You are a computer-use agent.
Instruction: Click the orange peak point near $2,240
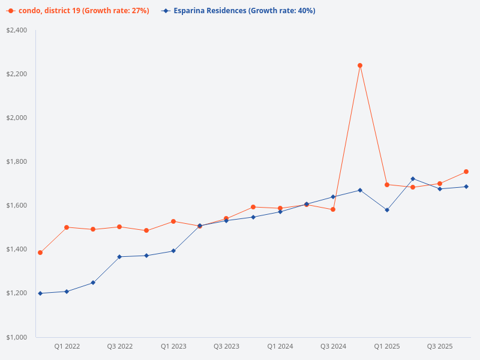tap(360, 65)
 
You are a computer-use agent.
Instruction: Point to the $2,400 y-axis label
tap(16, 30)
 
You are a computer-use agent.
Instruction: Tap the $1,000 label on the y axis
tap(16, 337)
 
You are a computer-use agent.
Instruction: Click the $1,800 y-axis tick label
tap(16, 161)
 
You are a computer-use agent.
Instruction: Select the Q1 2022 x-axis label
tap(67, 346)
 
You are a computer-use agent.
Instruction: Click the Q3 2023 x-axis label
tap(226, 346)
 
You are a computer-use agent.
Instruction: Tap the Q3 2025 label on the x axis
tap(440, 346)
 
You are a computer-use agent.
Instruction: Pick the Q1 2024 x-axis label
tap(280, 346)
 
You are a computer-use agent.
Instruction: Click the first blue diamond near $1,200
tap(40, 293)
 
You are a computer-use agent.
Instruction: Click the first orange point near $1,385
tap(40, 253)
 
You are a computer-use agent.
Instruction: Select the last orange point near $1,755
tap(466, 172)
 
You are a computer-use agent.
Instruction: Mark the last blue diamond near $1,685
tap(466, 187)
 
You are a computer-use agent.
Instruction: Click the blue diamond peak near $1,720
tap(413, 179)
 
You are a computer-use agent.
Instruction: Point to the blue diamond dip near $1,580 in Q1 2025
tap(387, 210)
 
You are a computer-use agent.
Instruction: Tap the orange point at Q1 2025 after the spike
tap(387, 185)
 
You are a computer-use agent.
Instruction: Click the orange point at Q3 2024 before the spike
tap(333, 209)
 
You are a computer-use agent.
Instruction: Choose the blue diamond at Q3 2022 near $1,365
tap(119, 257)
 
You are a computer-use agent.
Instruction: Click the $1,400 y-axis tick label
tap(16, 249)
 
